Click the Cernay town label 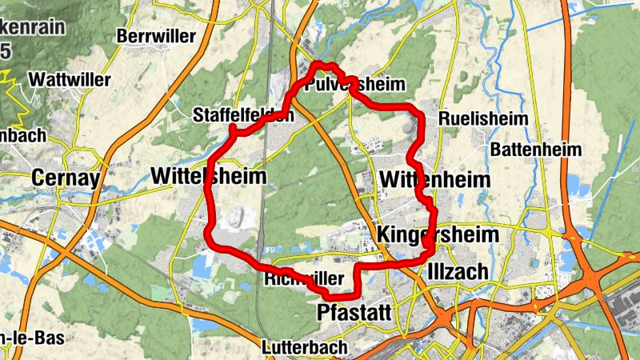pos(66,178)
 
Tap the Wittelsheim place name pos(207,176)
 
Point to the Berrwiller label pos(156,36)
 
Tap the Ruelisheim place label pos(483,118)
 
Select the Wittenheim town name pos(435,178)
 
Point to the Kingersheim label pos(436,234)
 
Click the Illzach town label pos(458,271)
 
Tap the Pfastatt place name pos(354,311)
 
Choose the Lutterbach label pos(305,347)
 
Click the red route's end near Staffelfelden pos(232,128)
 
